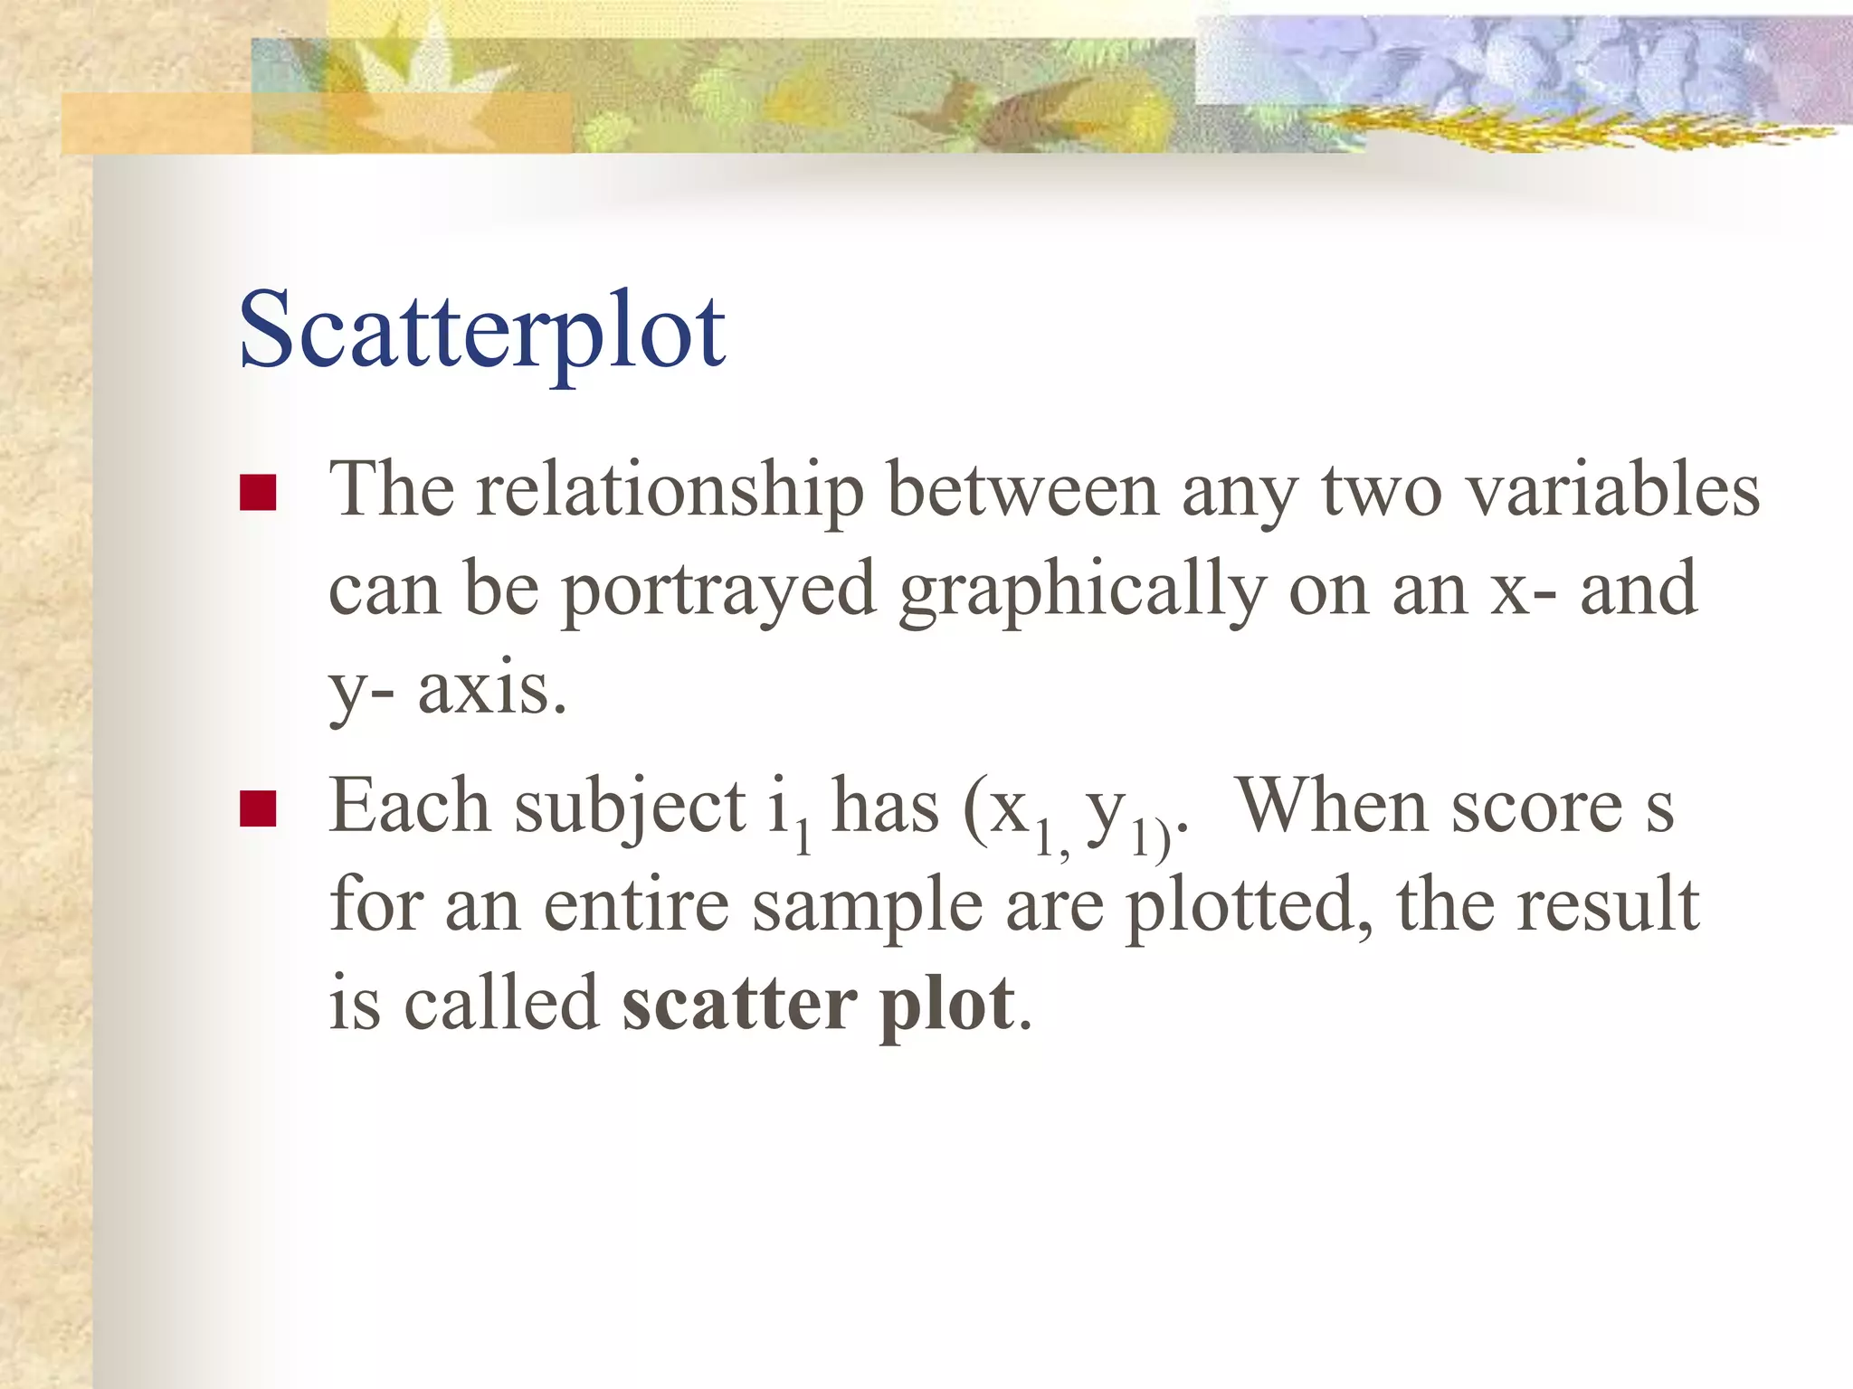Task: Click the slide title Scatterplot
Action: tap(481, 330)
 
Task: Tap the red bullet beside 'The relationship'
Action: tap(258, 494)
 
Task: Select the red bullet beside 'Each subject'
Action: tap(258, 809)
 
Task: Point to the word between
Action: tap(1022, 491)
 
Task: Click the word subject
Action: tap(630, 808)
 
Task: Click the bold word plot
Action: tap(947, 1006)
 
